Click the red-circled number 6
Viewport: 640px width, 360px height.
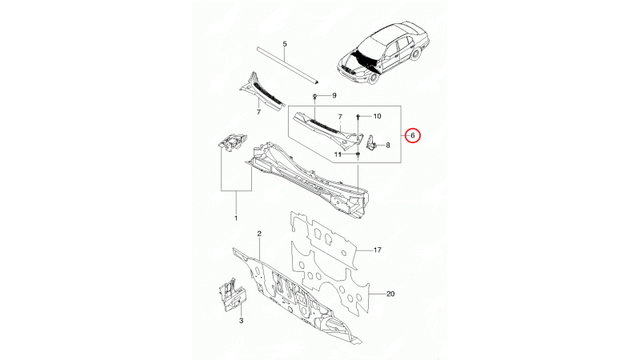point(412,135)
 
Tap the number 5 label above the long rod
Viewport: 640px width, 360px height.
point(285,44)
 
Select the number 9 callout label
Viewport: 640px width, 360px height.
point(334,95)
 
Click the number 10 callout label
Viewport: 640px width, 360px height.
point(377,116)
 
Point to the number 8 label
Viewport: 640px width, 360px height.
point(388,145)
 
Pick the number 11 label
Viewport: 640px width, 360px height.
point(338,154)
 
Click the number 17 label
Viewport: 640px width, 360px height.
point(377,250)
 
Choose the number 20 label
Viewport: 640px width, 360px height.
point(390,294)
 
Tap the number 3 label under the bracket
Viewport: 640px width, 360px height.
point(242,321)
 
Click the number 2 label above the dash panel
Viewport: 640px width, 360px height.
point(259,234)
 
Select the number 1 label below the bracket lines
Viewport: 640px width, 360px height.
point(236,218)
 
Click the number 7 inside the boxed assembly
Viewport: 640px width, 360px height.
point(341,117)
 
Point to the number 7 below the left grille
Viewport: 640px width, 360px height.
point(258,112)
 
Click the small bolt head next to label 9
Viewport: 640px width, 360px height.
point(315,96)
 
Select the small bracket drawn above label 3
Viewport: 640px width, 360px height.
point(231,295)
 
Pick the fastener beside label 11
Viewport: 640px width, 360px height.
point(358,154)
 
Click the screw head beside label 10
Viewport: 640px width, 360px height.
point(358,117)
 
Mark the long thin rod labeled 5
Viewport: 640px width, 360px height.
point(288,66)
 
